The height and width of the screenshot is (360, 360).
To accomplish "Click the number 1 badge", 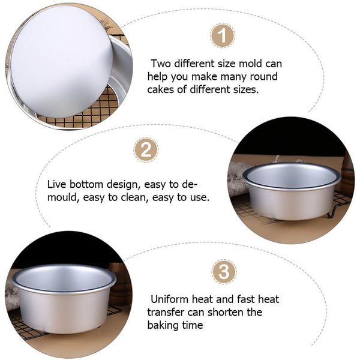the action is pyautogui.click(x=223, y=35).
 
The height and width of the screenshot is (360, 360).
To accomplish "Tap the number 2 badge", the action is pyautogui.click(x=146, y=150).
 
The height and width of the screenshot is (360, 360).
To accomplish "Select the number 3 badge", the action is pyautogui.click(x=224, y=272).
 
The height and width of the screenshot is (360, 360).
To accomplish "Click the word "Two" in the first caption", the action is pyautogui.click(x=161, y=64).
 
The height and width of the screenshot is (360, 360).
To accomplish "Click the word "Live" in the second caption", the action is pyautogui.click(x=57, y=184).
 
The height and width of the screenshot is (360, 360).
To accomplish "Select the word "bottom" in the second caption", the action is pyautogui.click(x=86, y=184).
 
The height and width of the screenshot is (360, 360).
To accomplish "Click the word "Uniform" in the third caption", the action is pyautogui.click(x=169, y=299).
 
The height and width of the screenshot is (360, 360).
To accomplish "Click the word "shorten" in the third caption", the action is pyautogui.click(x=226, y=312).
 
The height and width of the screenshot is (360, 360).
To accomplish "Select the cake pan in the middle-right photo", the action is pyautogui.click(x=292, y=191).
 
